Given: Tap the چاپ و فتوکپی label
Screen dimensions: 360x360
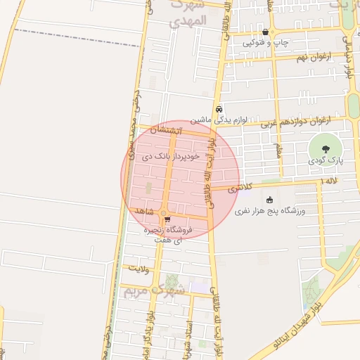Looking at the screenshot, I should click(265, 43).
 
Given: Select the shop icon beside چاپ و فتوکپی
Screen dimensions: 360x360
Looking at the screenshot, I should click(265, 32).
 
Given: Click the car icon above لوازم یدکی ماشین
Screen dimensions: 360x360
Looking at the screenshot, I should click(220, 109).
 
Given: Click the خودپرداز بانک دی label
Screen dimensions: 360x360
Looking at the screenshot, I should click(172, 155).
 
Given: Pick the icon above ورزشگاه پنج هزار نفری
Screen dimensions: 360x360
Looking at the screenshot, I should click(270, 200).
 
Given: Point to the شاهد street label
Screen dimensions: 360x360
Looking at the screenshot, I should click(142, 211).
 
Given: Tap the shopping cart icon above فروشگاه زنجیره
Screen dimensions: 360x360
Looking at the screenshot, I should click(167, 219).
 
